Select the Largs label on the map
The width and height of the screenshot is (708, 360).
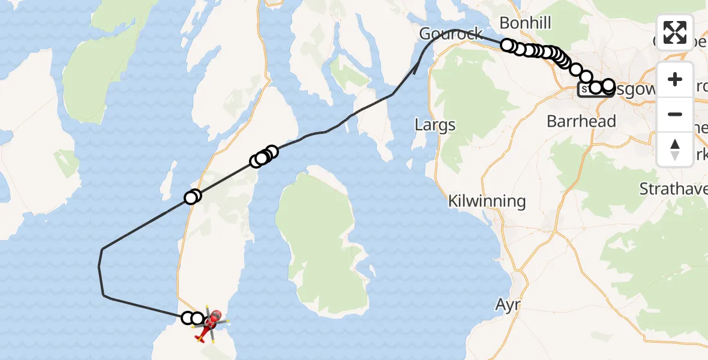435,125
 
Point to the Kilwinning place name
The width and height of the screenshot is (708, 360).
487,201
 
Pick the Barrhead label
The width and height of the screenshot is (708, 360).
581,121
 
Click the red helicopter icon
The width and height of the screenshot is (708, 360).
210,324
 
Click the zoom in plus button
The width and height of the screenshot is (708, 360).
675,79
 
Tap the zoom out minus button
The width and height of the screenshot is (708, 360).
675,114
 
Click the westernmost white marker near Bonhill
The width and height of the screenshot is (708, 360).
508,45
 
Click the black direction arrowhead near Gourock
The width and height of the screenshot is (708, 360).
416,70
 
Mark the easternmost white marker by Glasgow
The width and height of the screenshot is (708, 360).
608,85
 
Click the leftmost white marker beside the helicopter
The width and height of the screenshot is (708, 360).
188,317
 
